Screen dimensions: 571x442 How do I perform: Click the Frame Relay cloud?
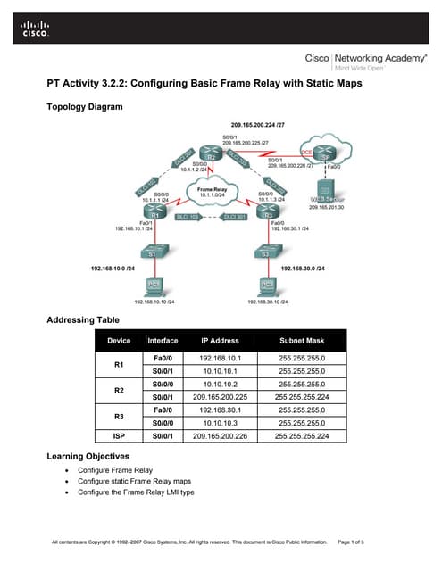[208, 191]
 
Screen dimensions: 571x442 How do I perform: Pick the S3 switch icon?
[265, 253]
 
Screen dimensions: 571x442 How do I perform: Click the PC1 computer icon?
[153, 287]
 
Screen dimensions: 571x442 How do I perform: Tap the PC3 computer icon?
[265, 287]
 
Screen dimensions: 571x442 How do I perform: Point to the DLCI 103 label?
[188, 217]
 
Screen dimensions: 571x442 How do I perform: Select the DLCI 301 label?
[234, 217]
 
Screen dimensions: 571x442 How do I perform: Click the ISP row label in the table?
[119, 436]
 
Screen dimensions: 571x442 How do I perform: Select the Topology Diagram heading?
[84, 107]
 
